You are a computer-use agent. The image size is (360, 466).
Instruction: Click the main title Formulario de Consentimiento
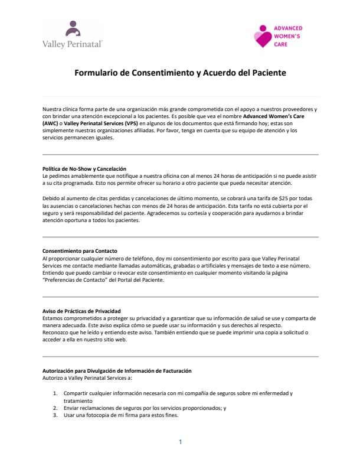click(x=180, y=73)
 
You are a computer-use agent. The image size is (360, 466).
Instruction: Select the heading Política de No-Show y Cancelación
click(x=84, y=169)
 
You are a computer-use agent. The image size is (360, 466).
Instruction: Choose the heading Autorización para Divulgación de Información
click(x=117, y=370)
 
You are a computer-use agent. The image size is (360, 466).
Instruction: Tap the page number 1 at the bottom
click(x=180, y=442)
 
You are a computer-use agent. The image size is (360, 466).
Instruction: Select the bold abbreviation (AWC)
click(x=51, y=124)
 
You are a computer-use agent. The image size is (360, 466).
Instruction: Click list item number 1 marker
click(x=55, y=393)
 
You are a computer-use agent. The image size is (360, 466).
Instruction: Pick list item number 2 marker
click(x=55, y=408)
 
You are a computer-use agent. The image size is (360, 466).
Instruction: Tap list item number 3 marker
click(x=55, y=415)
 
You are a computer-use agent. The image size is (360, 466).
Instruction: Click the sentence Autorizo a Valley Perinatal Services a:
click(x=87, y=377)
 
